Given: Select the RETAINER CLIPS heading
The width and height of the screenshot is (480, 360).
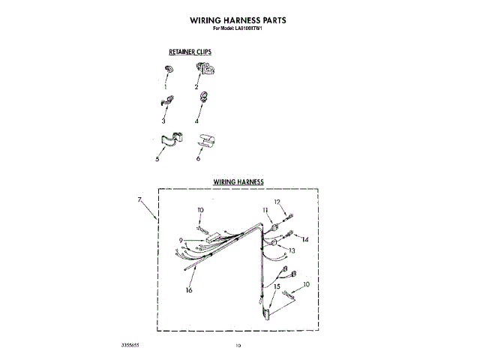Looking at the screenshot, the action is pos(190,52).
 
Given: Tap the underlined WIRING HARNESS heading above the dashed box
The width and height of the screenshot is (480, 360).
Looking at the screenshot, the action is pos(238,182).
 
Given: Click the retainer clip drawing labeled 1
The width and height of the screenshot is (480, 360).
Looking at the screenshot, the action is pos(167,70).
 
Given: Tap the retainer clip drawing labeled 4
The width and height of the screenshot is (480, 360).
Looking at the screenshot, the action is pos(203,97).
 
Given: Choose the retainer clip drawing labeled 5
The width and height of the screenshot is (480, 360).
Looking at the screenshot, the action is pos(171,139).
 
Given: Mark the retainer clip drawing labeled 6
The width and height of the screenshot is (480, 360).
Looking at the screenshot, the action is pos(205,139).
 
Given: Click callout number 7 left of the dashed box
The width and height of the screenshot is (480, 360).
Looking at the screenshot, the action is pos(140,199).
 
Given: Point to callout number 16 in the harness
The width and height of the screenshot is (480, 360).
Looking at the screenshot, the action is pos(189,290).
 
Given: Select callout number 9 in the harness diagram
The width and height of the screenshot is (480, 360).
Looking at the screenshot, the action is pos(181,240).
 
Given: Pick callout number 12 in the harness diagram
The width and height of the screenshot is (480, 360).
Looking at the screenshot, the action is pos(276,202).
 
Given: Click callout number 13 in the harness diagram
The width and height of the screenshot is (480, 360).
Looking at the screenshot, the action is pos(292,250).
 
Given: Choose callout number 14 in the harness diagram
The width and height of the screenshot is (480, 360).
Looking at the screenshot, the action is pos(304,239).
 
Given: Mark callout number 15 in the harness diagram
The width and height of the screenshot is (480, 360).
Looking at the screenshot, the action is pos(277,286).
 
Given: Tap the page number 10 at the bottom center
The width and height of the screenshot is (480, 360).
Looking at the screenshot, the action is pos(238,345).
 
